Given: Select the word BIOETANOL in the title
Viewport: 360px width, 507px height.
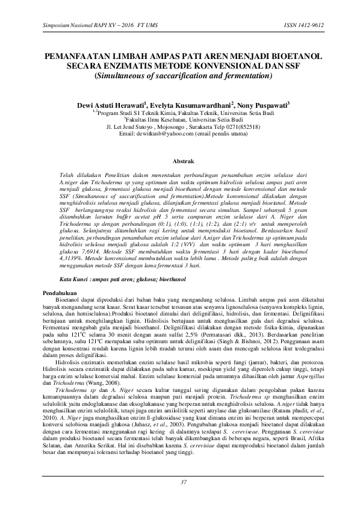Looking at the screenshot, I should tap(291, 57).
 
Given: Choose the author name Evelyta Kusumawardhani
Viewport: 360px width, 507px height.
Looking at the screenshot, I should tap(192, 105).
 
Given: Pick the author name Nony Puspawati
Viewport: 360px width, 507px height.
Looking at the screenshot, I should tap(264, 105).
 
